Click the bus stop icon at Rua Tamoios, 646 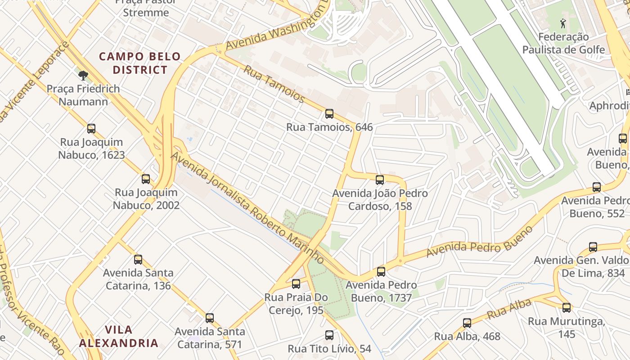click(x=329, y=114)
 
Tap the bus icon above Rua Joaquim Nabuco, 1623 click(x=91, y=129)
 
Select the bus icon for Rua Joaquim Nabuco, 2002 click(x=146, y=179)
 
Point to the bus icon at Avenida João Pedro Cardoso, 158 click(x=380, y=180)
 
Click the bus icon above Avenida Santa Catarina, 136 click(x=138, y=260)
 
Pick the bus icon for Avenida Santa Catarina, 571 click(x=210, y=318)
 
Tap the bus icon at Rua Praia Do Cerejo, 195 click(x=296, y=284)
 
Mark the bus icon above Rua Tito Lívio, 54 click(x=329, y=335)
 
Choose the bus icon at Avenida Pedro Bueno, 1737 click(x=381, y=272)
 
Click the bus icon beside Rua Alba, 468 click(x=467, y=323)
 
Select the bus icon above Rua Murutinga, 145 click(x=567, y=308)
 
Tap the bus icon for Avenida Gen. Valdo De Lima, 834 click(x=593, y=247)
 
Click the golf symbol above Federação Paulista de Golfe click(x=563, y=23)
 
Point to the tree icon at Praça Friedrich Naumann click(x=83, y=75)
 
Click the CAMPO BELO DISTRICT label click(x=140, y=63)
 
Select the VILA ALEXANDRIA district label click(x=119, y=336)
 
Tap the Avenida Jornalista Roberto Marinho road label click(x=247, y=208)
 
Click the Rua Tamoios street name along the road click(x=274, y=84)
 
